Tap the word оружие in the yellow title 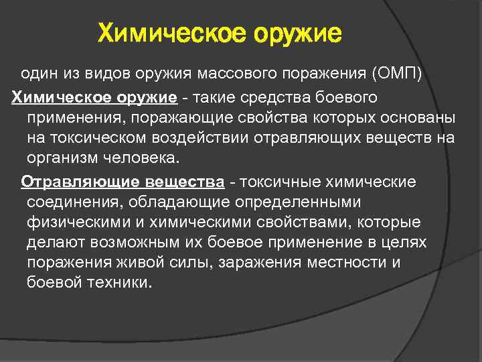297,33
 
